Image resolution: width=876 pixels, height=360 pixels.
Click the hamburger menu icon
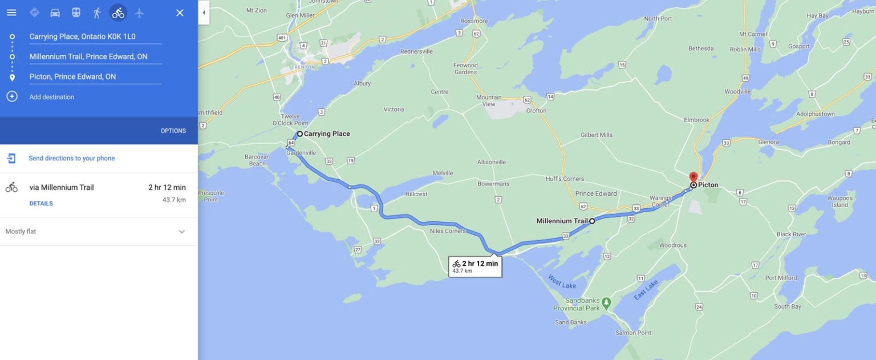(x=11, y=13)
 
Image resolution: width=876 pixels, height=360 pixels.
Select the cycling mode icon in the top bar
(x=118, y=13)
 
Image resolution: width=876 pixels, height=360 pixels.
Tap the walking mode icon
(x=97, y=13)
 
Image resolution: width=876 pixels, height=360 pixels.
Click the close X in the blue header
(x=180, y=13)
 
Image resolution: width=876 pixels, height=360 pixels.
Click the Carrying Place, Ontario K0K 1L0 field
(x=95, y=37)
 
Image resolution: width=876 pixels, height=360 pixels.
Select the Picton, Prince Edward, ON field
(x=95, y=76)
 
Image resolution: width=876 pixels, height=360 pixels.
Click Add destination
(x=51, y=97)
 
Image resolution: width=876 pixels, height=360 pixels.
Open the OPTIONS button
(x=173, y=131)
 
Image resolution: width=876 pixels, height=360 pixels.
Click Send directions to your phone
(x=71, y=158)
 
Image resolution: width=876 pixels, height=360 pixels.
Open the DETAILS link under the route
(x=41, y=204)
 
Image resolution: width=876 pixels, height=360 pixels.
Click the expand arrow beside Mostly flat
(x=182, y=232)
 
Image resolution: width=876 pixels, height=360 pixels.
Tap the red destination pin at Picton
(x=693, y=177)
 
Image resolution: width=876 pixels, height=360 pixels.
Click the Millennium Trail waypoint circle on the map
(x=592, y=221)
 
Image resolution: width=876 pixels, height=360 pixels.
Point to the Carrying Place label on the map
(x=327, y=134)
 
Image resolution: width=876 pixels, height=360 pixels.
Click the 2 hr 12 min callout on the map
(x=475, y=266)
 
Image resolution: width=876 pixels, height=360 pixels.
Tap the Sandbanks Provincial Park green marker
(x=606, y=301)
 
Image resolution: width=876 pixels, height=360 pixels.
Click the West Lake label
(x=562, y=281)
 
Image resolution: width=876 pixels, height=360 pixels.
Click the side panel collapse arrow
(x=204, y=13)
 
